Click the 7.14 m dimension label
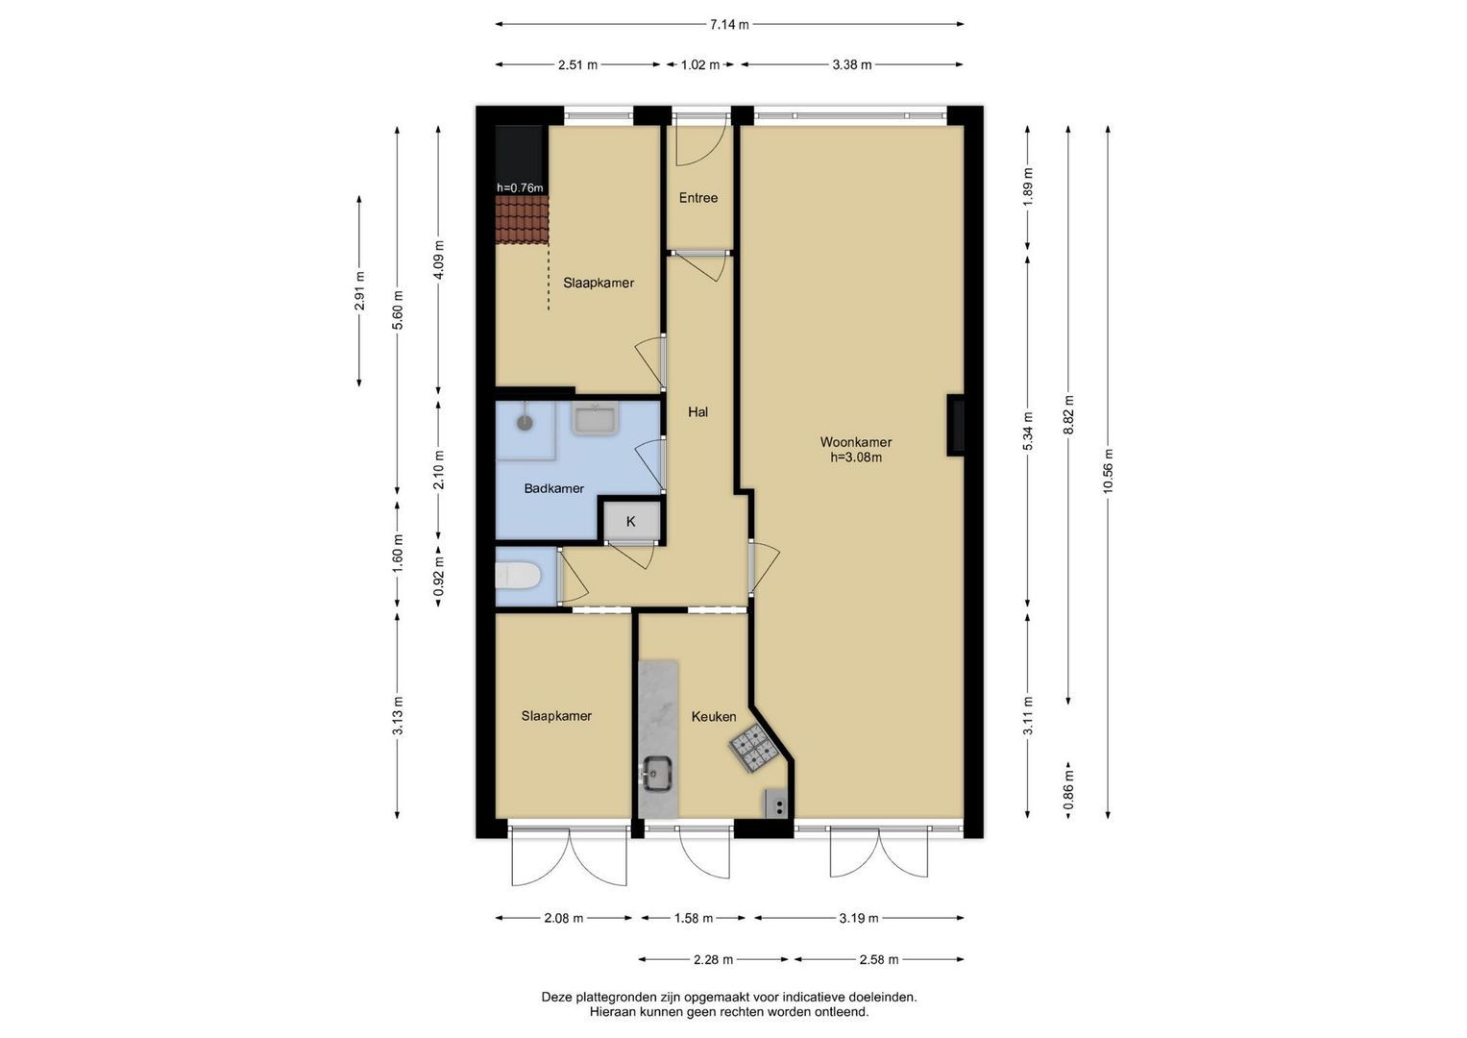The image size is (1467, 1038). point(729,25)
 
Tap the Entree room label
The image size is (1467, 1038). point(698,198)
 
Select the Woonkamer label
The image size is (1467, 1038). point(856,442)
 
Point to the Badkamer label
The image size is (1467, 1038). point(554,488)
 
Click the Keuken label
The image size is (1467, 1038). point(714,717)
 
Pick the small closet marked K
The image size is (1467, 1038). point(631,522)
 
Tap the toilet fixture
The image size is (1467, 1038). point(518,576)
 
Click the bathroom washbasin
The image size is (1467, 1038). point(595,419)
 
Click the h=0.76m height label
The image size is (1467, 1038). point(520,188)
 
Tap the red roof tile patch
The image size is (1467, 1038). point(522,219)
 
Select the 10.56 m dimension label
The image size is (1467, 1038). point(1108,471)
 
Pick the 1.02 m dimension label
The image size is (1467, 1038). point(700,65)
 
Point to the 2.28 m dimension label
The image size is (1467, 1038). point(713,959)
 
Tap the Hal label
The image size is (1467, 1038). point(698,412)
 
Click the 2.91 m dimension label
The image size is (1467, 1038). point(359,291)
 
